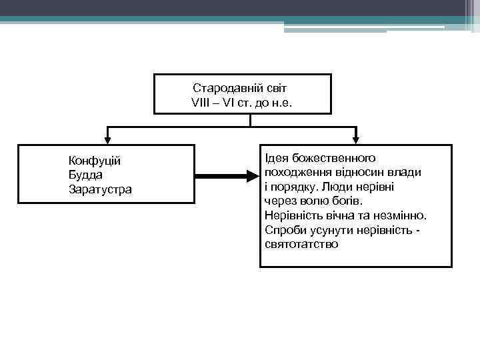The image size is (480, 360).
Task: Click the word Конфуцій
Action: [x=94, y=161]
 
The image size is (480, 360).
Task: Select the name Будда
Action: [x=85, y=175]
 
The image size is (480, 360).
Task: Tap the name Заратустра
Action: [x=100, y=189]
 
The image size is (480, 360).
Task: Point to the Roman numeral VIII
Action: [x=201, y=103]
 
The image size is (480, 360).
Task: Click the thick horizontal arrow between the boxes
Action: [x=227, y=176]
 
